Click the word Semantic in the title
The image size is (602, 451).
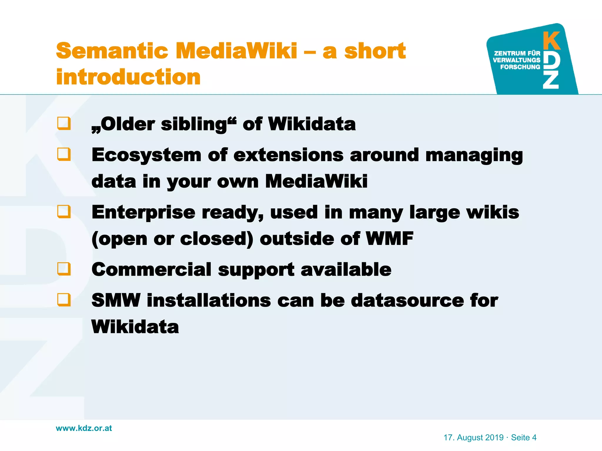(112, 51)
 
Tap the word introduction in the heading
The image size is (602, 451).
(128, 77)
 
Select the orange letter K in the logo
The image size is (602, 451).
(552, 41)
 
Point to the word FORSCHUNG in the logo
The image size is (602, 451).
(520, 67)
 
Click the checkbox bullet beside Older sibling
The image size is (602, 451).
(64, 123)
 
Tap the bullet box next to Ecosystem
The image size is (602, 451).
(64, 154)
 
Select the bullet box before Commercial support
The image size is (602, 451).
(64, 269)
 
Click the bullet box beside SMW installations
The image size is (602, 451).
(64, 300)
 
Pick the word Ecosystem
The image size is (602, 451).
(146, 155)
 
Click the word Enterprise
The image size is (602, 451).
(143, 212)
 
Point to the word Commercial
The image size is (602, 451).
(151, 269)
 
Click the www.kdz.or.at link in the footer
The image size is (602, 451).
(84, 428)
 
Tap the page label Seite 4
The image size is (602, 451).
(524, 437)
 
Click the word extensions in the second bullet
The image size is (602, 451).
(288, 155)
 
